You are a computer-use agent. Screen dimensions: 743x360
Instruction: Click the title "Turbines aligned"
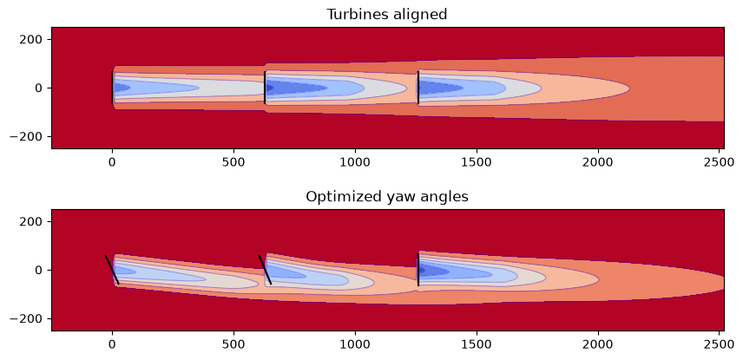click(x=386, y=14)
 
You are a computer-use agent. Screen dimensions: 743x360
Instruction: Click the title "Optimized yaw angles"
click(x=386, y=197)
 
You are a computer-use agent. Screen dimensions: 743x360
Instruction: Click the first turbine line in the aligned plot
click(x=112, y=88)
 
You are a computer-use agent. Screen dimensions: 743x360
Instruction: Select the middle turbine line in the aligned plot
click(x=265, y=88)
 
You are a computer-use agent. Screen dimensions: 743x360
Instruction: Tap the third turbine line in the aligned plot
click(x=418, y=88)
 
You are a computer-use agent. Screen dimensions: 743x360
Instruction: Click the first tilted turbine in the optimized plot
click(x=112, y=270)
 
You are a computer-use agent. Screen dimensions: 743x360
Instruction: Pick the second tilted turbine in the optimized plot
click(x=265, y=270)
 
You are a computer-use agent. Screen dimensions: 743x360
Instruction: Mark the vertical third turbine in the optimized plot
click(x=418, y=270)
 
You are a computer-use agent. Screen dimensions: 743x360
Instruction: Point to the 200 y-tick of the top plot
click(x=29, y=39)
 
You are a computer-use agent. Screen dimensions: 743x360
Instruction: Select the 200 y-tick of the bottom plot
click(x=29, y=221)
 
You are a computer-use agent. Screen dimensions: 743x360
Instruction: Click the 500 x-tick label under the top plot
click(x=233, y=162)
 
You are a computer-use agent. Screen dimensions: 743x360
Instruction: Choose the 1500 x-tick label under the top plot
click(x=477, y=162)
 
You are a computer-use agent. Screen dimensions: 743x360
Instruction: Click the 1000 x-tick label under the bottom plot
click(x=355, y=344)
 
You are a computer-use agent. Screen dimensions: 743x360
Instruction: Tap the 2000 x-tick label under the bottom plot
click(x=598, y=344)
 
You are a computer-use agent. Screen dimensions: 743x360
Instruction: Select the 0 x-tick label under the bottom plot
click(x=112, y=344)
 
